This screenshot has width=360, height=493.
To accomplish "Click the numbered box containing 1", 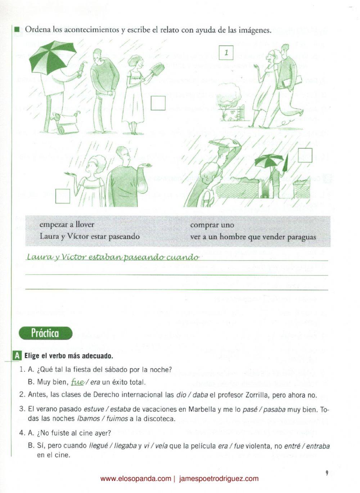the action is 226,52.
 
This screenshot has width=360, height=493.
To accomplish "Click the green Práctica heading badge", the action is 46,333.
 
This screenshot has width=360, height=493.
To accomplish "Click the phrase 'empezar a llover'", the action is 67,224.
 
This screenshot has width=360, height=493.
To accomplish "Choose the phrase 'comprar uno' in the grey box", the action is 212,225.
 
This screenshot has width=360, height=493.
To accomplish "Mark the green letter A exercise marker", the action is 17,356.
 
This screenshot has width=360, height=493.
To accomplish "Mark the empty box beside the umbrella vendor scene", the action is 158,103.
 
